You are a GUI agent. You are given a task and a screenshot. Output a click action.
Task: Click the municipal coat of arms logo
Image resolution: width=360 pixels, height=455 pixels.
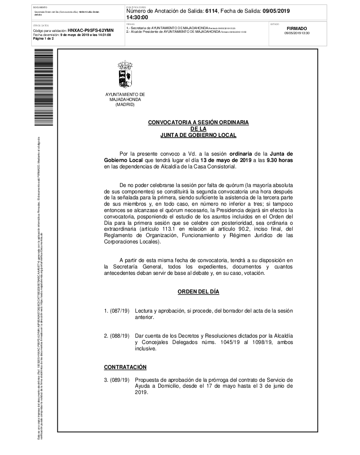[x=125, y=75]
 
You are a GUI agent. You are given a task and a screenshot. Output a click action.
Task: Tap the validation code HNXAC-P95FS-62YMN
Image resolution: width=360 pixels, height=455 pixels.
[x=90, y=30]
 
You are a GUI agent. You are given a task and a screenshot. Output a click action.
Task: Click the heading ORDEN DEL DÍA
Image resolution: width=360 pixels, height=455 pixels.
[x=198, y=291]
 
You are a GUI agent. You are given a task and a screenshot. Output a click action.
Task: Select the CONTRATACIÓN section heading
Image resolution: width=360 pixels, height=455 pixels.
[x=125, y=366]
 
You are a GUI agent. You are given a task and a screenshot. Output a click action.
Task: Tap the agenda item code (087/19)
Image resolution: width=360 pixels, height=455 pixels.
[x=119, y=310]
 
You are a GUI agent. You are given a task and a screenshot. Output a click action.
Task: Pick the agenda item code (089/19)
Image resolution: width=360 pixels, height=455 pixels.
[x=119, y=379]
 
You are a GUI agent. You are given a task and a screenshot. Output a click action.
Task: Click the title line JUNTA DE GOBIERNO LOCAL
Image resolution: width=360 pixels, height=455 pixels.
[x=198, y=135]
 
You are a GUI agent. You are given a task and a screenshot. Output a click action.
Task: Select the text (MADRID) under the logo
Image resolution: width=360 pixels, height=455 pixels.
[x=125, y=104]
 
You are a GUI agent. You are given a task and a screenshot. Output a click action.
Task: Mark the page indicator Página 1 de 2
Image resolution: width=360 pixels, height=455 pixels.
[x=44, y=39]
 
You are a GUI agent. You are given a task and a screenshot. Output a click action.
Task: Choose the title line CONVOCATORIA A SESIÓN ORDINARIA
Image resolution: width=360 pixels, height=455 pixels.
[x=198, y=123]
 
